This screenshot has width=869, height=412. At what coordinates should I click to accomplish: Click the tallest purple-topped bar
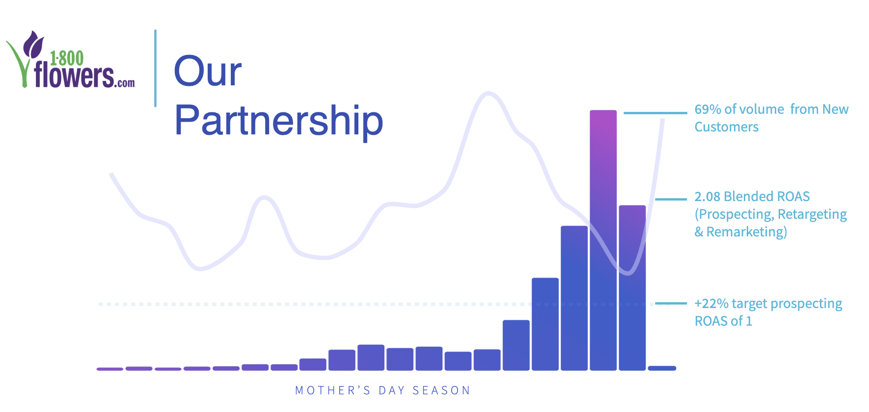[603, 240]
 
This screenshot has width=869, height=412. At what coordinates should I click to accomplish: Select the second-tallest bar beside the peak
[632, 288]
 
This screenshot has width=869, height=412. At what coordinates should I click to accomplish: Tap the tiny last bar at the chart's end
[662, 368]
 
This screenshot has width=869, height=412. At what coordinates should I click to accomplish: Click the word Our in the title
[208, 72]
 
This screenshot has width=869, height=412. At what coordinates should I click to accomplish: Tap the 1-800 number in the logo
[67, 58]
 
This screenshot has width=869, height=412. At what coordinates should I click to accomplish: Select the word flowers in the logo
[74, 77]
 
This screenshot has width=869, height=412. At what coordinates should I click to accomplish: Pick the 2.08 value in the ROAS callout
[707, 197]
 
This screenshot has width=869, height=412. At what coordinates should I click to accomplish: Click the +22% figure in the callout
[711, 304]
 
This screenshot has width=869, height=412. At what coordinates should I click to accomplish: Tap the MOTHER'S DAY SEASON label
[382, 390]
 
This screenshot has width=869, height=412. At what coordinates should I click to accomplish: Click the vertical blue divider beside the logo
[155, 68]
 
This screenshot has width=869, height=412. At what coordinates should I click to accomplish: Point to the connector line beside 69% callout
[655, 113]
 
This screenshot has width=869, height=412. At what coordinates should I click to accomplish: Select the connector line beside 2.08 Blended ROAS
[671, 199]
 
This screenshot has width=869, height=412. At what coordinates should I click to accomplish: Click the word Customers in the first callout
[726, 127]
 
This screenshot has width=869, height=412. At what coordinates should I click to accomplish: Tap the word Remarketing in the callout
[746, 232]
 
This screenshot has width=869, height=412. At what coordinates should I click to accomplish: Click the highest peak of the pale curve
[488, 93]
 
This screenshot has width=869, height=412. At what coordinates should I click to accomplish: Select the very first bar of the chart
[110, 369]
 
